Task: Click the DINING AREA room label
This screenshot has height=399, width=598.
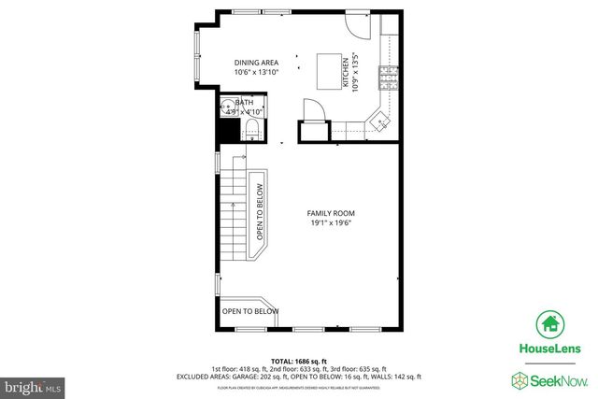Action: [x=255, y=63]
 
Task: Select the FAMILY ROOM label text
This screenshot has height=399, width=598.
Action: [x=331, y=213]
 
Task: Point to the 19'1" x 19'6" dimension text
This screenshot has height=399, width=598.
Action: [x=331, y=223]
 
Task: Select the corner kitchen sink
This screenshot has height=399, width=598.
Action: [x=378, y=120]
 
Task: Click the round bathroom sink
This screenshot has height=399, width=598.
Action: [x=227, y=108]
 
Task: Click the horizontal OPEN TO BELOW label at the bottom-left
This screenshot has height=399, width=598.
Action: [x=249, y=311]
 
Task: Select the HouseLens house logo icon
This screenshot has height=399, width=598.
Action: [x=549, y=324]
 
